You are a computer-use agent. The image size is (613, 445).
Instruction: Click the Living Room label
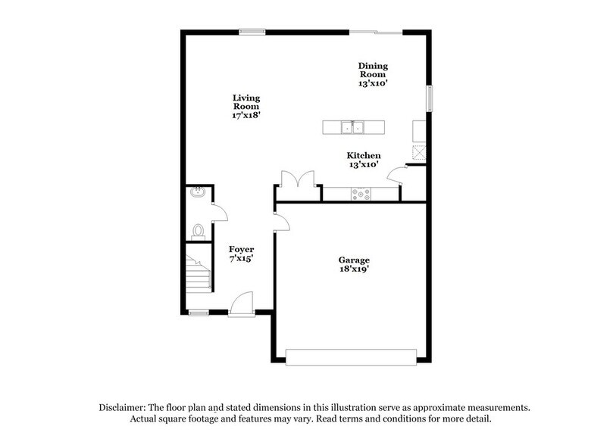click(x=246, y=102)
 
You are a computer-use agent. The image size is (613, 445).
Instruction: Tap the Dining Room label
click(x=373, y=70)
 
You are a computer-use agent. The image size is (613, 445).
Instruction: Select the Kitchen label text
click(x=364, y=155)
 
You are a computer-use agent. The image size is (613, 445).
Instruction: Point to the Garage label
click(x=353, y=260)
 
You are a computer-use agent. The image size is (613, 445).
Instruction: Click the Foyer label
click(x=242, y=249)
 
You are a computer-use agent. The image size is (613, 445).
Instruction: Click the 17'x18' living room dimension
click(x=246, y=117)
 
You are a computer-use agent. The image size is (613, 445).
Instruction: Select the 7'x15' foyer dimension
click(x=242, y=259)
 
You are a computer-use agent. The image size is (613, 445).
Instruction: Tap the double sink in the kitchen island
click(x=353, y=127)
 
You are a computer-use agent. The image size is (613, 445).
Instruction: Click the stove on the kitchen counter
click(x=361, y=194)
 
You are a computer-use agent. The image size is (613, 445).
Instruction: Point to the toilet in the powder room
click(x=199, y=230)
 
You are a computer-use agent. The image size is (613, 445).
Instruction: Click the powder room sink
click(x=197, y=193)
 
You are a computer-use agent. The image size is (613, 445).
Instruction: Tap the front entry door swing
click(x=242, y=303)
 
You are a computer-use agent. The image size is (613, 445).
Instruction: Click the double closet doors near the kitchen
click(x=299, y=179)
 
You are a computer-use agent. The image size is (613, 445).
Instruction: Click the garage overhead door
click(x=351, y=356)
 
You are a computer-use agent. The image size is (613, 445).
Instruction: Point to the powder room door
click(x=218, y=213)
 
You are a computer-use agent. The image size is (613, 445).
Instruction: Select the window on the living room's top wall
click(x=251, y=31)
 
